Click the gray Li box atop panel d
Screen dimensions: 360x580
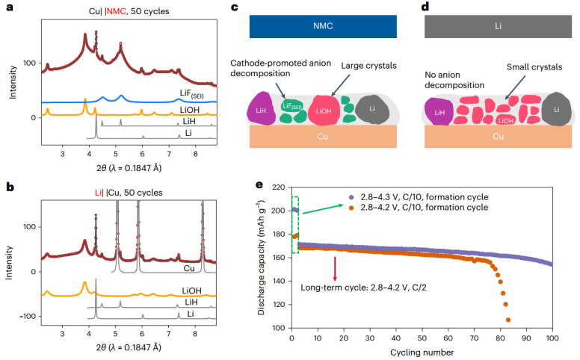pos(498,27)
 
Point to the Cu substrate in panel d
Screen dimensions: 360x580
pos(498,137)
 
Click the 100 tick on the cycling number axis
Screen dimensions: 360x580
pos(553,339)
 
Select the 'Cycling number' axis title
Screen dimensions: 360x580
pos(423,351)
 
